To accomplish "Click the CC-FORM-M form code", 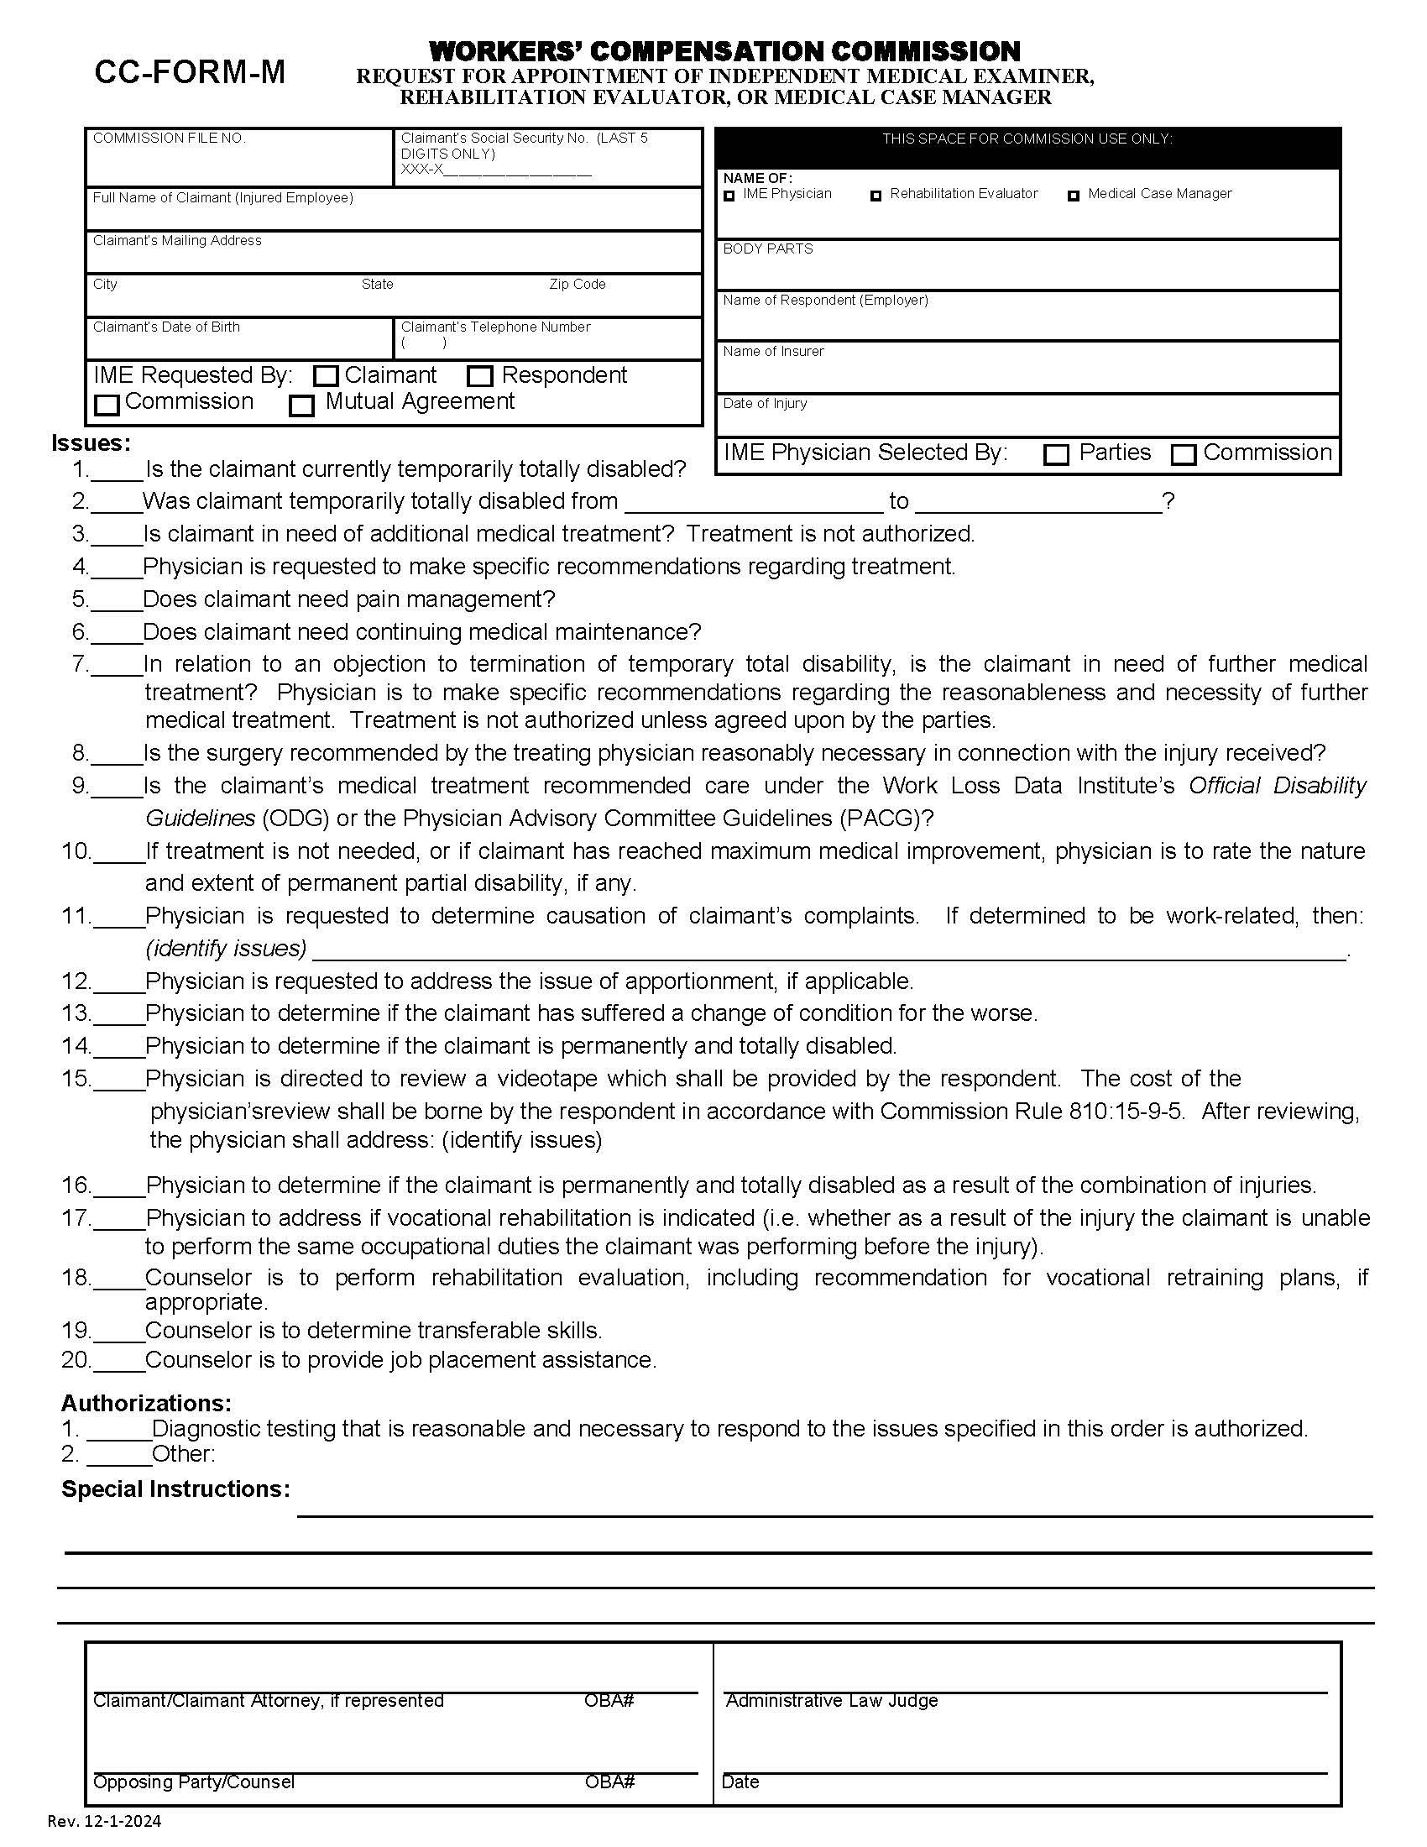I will (190, 73).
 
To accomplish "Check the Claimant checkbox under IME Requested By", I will (327, 376).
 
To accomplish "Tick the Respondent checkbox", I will (480, 376).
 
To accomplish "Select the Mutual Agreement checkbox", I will (302, 406).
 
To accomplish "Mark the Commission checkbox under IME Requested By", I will (107, 406).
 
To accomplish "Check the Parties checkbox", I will (1056, 455).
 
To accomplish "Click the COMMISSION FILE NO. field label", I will (169, 138).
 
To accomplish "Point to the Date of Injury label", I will (764, 403).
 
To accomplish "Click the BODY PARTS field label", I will (767, 249).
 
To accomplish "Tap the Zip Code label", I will (578, 284).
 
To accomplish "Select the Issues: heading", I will (91, 442).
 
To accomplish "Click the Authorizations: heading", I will (146, 1403).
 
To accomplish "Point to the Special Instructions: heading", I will (175, 1489).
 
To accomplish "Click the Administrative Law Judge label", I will (831, 1701).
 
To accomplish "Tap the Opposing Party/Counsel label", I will (194, 1782).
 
